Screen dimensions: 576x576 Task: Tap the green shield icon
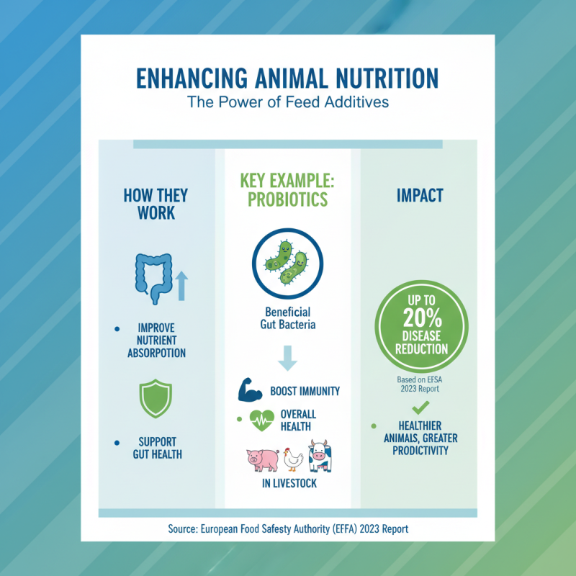click(x=155, y=400)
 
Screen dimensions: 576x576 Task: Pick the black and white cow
click(x=318, y=456)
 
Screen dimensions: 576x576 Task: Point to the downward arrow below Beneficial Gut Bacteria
click(x=287, y=358)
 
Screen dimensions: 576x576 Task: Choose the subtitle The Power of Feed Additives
click(x=288, y=102)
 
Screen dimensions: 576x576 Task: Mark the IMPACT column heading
click(x=420, y=196)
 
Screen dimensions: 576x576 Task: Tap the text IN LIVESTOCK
click(x=289, y=483)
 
